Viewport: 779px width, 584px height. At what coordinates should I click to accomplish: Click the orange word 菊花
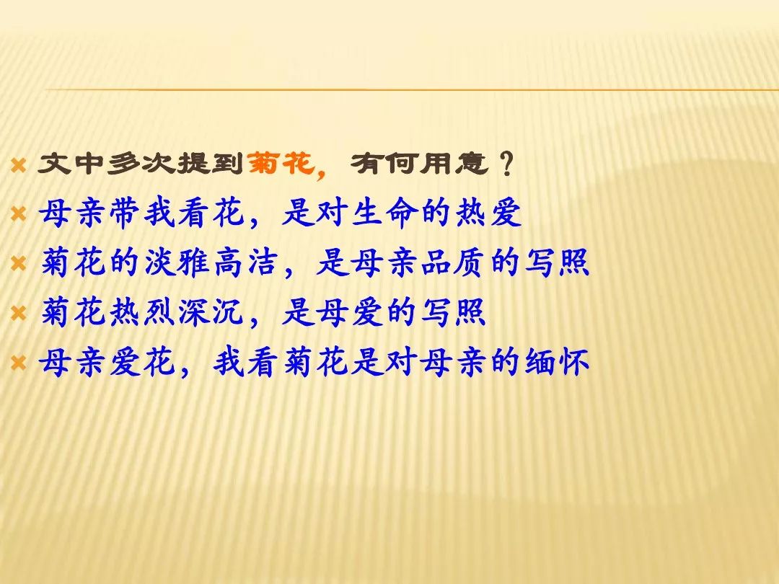[x=280, y=163]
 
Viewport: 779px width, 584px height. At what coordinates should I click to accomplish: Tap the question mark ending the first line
[x=506, y=164]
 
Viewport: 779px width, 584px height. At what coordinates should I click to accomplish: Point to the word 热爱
[x=489, y=213]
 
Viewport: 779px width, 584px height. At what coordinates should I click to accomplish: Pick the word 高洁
[x=246, y=262]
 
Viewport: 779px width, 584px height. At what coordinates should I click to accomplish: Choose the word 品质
[x=454, y=262]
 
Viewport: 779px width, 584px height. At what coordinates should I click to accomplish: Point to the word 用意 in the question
[x=454, y=163]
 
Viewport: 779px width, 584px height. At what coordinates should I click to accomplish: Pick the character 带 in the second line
[x=126, y=213]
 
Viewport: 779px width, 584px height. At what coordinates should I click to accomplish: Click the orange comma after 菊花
[x=321, y=172]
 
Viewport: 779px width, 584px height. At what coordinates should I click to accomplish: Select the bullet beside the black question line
[x=18, y=165]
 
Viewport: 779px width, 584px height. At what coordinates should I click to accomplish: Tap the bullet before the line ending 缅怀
[x=18, y=363]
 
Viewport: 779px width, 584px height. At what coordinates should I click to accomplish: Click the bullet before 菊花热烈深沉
[x=18, y=314]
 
